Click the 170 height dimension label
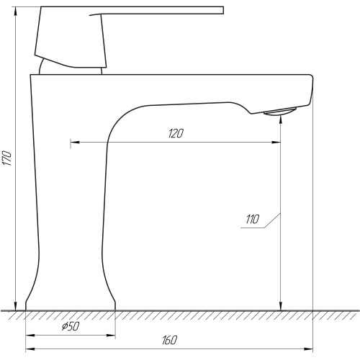click(7, 158)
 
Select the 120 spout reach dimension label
click(176, 133)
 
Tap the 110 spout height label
click(253, 219)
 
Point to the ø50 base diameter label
click(71, 326)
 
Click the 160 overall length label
click(170, 340)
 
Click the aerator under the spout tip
click(280, 112)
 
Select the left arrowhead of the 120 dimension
click(75, 143)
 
